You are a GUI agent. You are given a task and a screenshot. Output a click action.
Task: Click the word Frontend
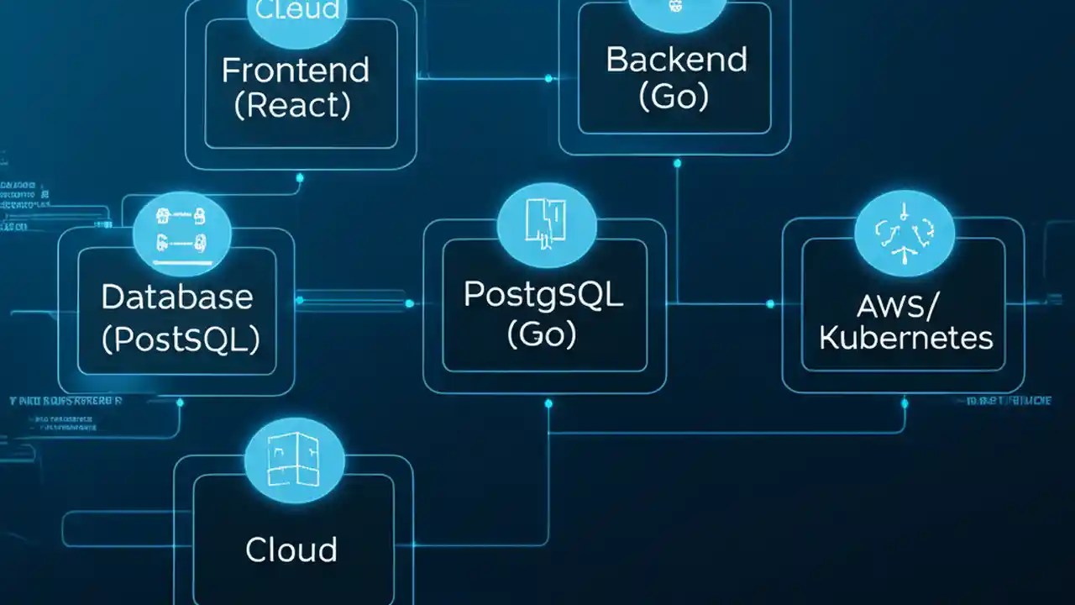point(295,71)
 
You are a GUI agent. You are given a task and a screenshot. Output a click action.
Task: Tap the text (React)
point(292,106)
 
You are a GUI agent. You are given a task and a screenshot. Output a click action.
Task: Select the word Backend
point(675,60)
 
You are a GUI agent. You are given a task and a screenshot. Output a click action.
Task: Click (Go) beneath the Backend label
point(674,97)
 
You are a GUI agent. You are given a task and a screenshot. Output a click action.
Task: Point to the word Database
point(176,297)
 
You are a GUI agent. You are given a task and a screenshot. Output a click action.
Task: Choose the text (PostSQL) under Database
point(180,339)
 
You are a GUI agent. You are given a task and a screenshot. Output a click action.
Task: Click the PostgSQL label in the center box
point(543,295)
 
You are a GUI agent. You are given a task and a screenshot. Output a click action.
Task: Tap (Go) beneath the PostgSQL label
point(542,334)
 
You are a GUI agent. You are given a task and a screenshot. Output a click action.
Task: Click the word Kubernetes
point(905,339)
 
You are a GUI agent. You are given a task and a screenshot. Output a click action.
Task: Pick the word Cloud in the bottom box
point(291,550)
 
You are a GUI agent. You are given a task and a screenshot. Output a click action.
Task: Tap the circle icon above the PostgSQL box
point(546,222)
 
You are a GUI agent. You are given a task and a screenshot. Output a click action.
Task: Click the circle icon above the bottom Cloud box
point(294,461)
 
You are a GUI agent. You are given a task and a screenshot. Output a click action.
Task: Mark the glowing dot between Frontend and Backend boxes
point(548,78)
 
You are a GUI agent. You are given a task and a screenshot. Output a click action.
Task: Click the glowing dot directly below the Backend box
point(677,164)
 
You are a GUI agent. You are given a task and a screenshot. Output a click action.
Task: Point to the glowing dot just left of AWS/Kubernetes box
point(770,303)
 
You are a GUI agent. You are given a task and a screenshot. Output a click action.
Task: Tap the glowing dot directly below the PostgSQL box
point(548,403)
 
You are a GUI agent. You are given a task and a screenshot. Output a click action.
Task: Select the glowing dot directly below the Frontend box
point(300,177)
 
